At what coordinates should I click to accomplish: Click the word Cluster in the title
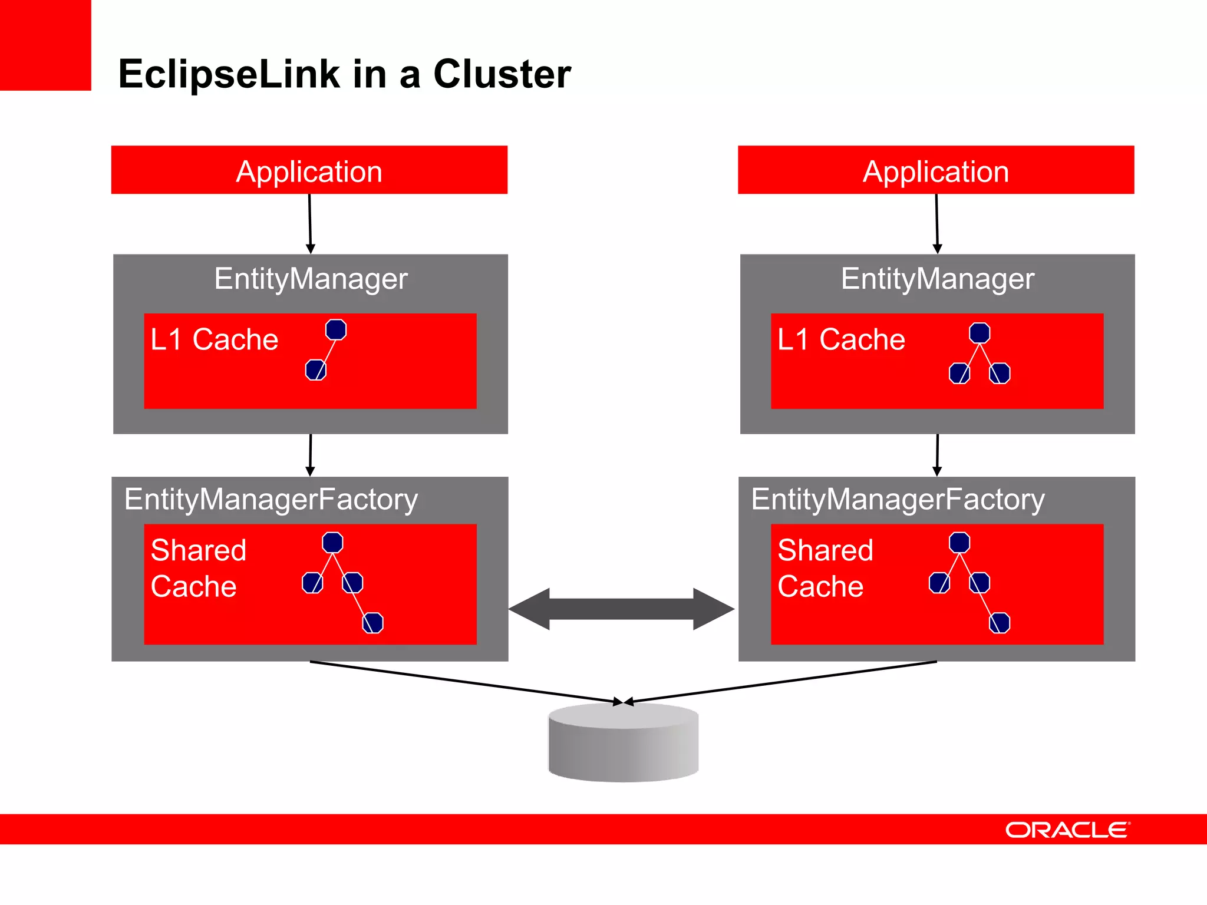point(502,74)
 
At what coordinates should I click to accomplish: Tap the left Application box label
point(309,171)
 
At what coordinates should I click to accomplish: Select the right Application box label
point(935,171)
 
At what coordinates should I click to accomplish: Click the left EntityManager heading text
point(311,279)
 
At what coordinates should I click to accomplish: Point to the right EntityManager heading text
point(937,279)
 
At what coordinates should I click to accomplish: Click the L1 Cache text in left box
point(214,339)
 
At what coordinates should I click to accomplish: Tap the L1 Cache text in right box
point(841,339)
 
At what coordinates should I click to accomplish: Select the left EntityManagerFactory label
point(271,500)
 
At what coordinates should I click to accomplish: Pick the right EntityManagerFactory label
point(898,500)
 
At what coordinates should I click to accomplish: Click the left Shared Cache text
point(198,568)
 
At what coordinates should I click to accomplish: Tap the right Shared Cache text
point(825,568)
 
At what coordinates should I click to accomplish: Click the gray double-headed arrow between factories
point(622,609)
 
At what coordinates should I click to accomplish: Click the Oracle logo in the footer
point(1067,830)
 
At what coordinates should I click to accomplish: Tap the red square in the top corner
point(45,45)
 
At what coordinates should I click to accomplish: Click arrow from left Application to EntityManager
point(310,224)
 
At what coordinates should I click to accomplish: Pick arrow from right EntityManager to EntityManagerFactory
point(937,455)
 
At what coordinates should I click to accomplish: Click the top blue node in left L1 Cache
point(336,329)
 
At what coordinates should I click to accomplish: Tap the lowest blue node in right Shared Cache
point(1000,623)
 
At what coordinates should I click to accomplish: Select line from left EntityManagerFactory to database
point(466,682)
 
